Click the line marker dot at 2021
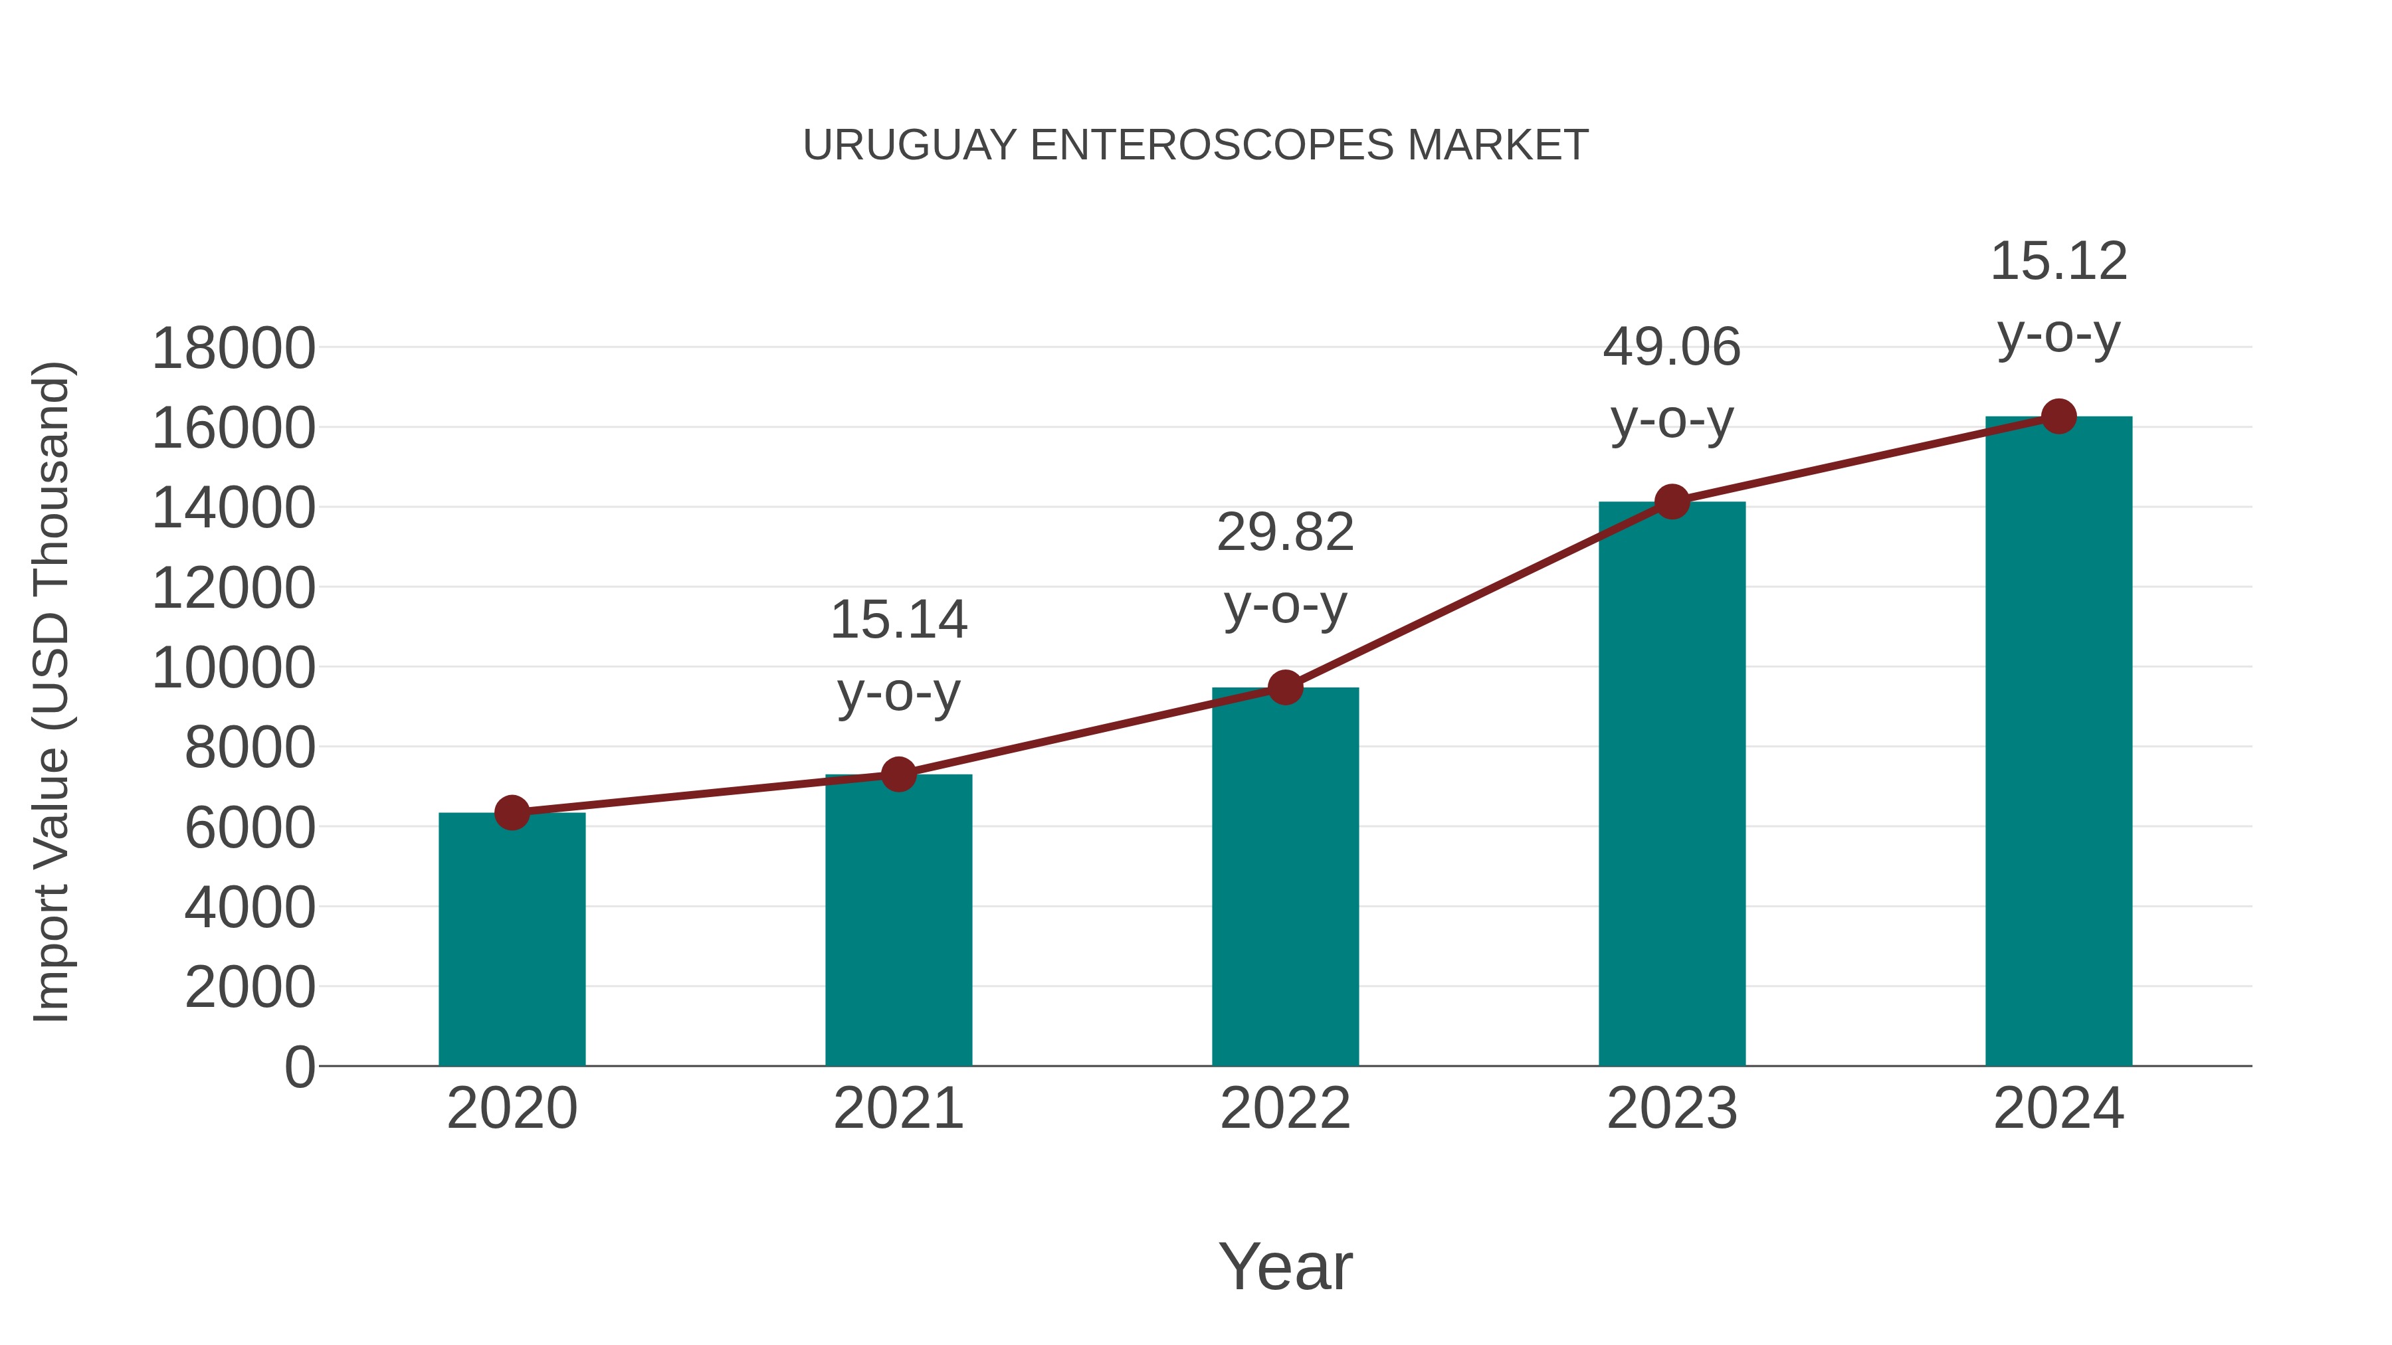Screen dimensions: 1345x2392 pos(898,774)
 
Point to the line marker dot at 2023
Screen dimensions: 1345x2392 pos(1672,502)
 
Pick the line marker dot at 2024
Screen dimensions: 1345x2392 pos(2058,416)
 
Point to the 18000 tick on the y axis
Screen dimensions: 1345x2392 pos(233,349)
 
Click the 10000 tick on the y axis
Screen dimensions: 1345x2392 pos(233,668)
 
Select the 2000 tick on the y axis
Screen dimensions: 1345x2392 pos(250,987)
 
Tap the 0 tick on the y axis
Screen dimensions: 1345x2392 pos(299,1067)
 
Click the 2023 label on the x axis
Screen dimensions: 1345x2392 pos(1672,1109)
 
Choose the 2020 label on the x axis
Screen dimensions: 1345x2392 pos(512,1109)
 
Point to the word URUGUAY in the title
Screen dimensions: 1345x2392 pos(910,145)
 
